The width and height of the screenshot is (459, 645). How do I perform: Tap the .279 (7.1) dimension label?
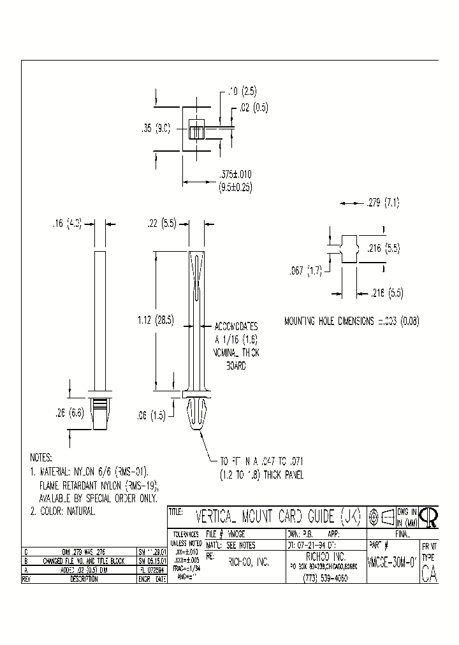(383, 203)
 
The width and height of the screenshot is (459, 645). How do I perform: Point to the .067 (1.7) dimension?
(306, 270)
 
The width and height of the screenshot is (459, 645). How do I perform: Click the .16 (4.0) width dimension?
(67, 224)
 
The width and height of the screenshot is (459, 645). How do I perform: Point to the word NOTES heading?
(41, 458)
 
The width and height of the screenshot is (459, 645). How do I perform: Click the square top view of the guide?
(196, 128)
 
